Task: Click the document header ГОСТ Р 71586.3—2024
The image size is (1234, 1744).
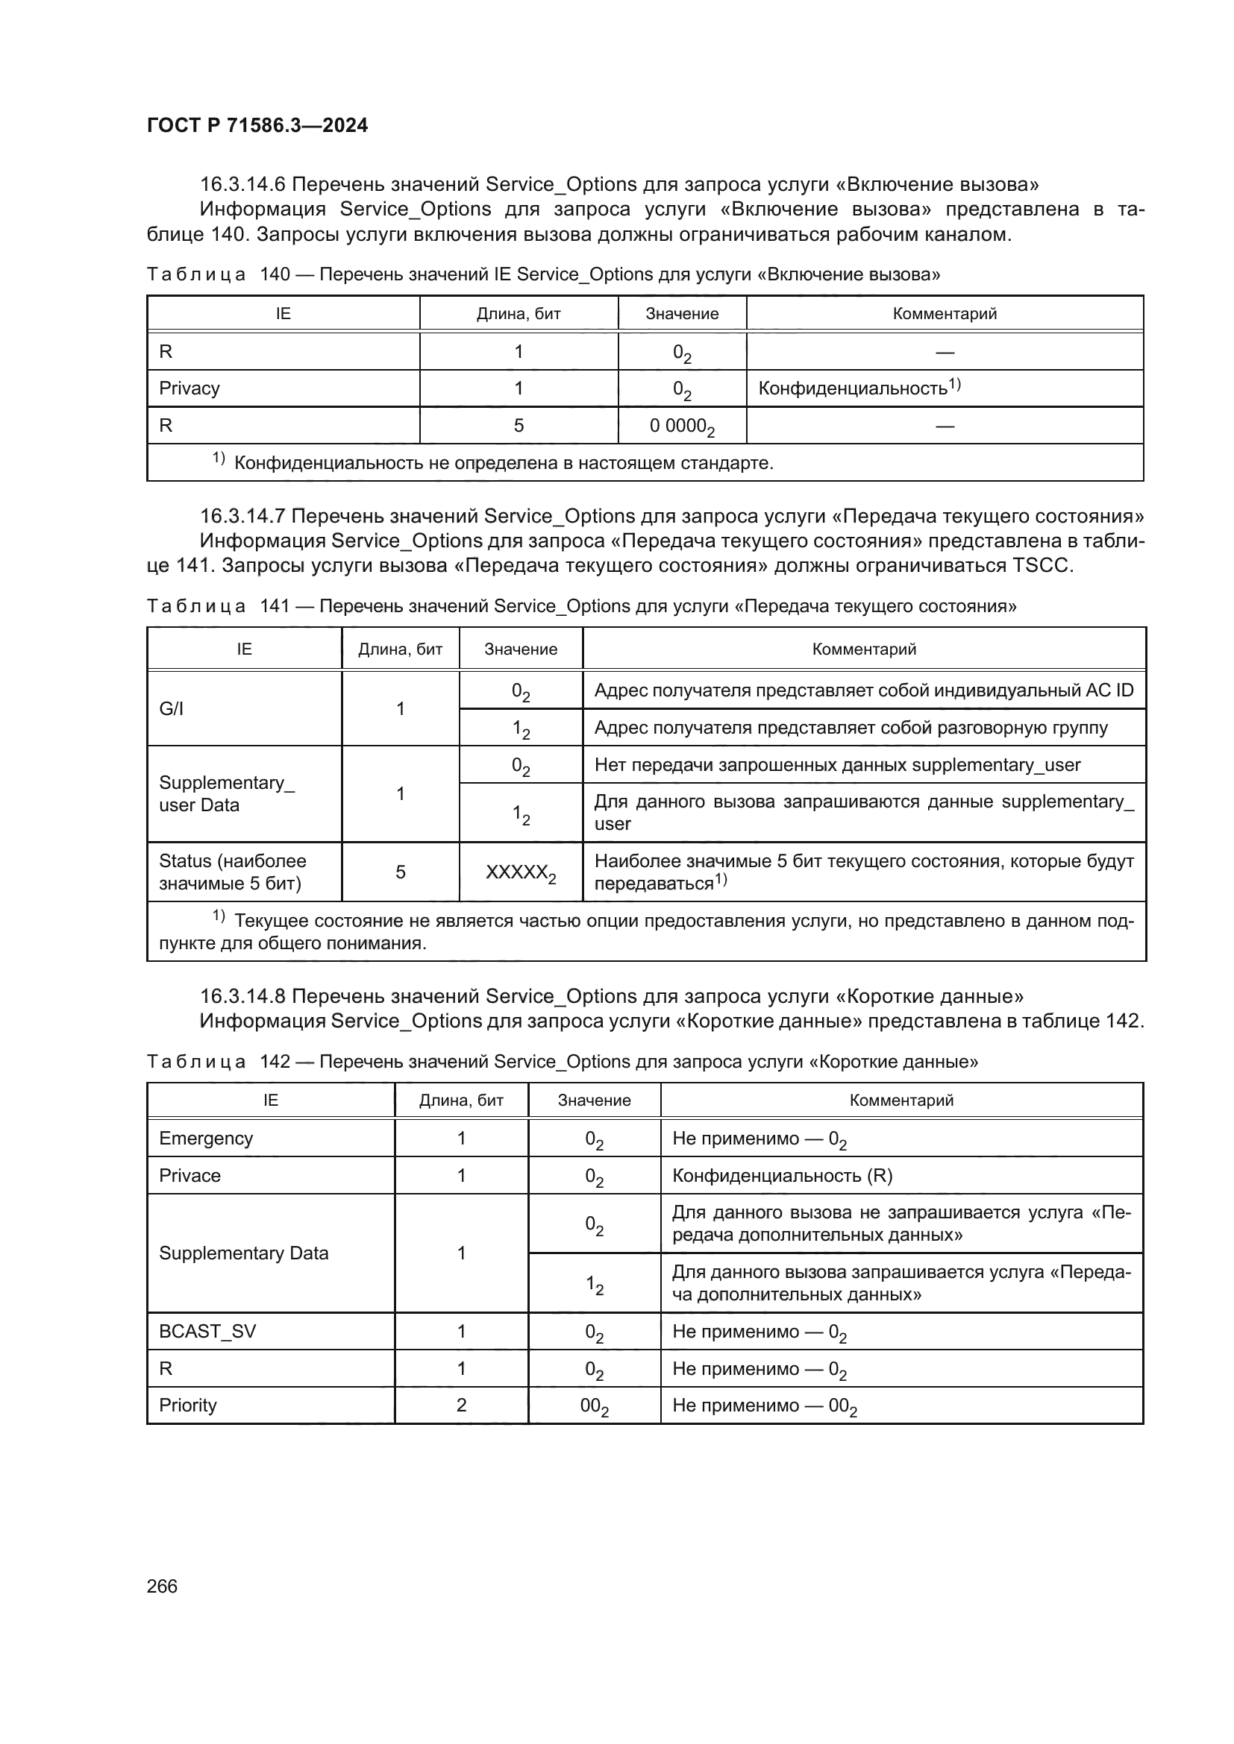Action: (257, 125)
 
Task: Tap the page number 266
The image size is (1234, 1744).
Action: (162, 1586)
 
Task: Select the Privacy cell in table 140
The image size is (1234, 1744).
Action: (190, 388)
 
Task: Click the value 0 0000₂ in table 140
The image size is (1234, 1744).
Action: (682, 426)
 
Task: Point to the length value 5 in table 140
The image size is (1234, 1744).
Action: (519, 425)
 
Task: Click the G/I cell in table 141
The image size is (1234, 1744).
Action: (171, 708)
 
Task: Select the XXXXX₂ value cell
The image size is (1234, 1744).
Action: (521, 872)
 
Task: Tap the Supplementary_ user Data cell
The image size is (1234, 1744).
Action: (227, 794)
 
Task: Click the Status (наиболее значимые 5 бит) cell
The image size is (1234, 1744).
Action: (232, 872)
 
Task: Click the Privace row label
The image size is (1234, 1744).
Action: (190, 1175)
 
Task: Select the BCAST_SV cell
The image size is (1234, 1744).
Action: (207, 1331)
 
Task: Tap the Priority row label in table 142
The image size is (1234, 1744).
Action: (188, 1405)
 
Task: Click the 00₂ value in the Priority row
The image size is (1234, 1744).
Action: (593, 1405)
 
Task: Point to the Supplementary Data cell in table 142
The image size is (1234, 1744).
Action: (243, 1253)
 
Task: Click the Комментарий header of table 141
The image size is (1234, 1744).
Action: (864, 649)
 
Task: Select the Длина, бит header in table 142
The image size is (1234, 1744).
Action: (461, 1100)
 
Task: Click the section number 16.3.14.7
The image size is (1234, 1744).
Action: (242, 517)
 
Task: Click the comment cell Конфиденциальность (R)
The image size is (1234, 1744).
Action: (782, 1176)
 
